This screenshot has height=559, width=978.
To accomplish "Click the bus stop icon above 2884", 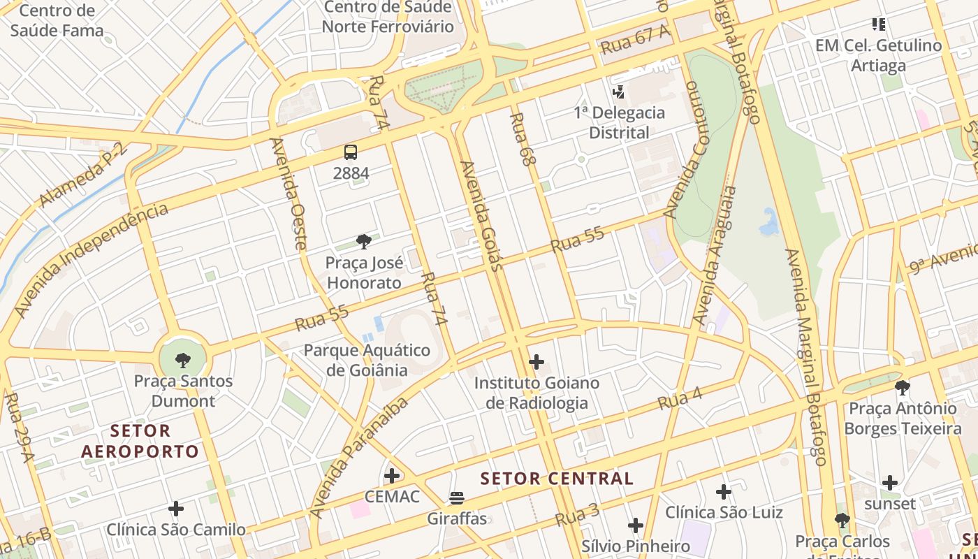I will [x=351, y=152].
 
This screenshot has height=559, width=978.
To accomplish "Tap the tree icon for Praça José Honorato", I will [x=363, y=242].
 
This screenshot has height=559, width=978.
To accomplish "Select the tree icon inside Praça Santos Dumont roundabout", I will [x=183, y=361].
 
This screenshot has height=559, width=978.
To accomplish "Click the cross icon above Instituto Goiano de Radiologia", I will [x=537, y=362].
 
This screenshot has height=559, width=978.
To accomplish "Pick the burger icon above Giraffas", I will [x=457, y=498].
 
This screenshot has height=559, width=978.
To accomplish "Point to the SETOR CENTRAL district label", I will [x=557, y=479].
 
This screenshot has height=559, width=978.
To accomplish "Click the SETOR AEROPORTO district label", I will [x=140, y=441].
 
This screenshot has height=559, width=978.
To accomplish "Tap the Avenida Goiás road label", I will [x=481, y=216].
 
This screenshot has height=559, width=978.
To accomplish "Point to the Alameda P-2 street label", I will [x=82, y=175].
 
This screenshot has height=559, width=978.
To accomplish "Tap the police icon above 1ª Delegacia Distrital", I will [x=618, y=92].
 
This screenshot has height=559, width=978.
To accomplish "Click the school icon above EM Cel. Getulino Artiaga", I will [x=879, y=24].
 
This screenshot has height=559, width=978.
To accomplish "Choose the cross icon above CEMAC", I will [x=392, y=476].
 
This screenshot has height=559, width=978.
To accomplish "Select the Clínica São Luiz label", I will [x=724, y=512].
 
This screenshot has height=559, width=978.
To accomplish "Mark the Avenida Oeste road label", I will [x=289, y=194].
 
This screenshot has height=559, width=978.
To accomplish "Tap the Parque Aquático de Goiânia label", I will [x=367, y=359].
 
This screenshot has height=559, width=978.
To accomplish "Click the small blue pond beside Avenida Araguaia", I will [x=769, y=222].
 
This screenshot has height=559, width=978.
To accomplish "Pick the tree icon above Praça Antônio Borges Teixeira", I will [x=903, y=387].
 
